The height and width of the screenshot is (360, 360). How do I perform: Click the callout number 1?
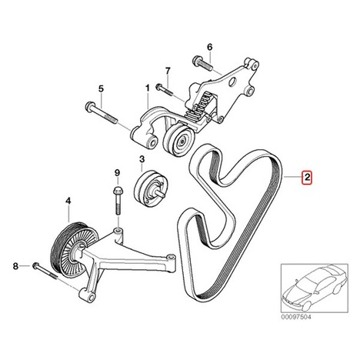point(148,88)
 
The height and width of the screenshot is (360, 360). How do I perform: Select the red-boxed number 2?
point(307,177)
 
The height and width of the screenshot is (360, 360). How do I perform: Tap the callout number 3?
point(142,159)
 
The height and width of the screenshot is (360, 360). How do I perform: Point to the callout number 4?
point(68,202)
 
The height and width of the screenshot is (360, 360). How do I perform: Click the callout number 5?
point(101,89)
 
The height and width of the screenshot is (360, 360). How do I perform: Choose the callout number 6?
point(210,47)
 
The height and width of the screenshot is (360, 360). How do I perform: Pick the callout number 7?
point(168,71)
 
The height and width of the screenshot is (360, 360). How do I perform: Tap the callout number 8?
point(15,266)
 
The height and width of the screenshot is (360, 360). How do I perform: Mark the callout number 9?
point(117,172)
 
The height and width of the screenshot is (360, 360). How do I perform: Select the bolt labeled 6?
point(202,63)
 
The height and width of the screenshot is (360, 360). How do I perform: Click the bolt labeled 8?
point(44,272)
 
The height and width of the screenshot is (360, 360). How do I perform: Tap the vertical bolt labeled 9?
point(118,201)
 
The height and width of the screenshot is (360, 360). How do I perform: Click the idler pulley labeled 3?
point(151,187)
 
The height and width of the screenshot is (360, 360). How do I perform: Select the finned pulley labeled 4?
point(74,248)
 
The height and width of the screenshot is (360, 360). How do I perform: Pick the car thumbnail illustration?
point(315,288)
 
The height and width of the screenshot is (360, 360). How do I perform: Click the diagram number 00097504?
point(296,317)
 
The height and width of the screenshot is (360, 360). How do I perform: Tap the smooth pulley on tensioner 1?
point(179,140)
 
